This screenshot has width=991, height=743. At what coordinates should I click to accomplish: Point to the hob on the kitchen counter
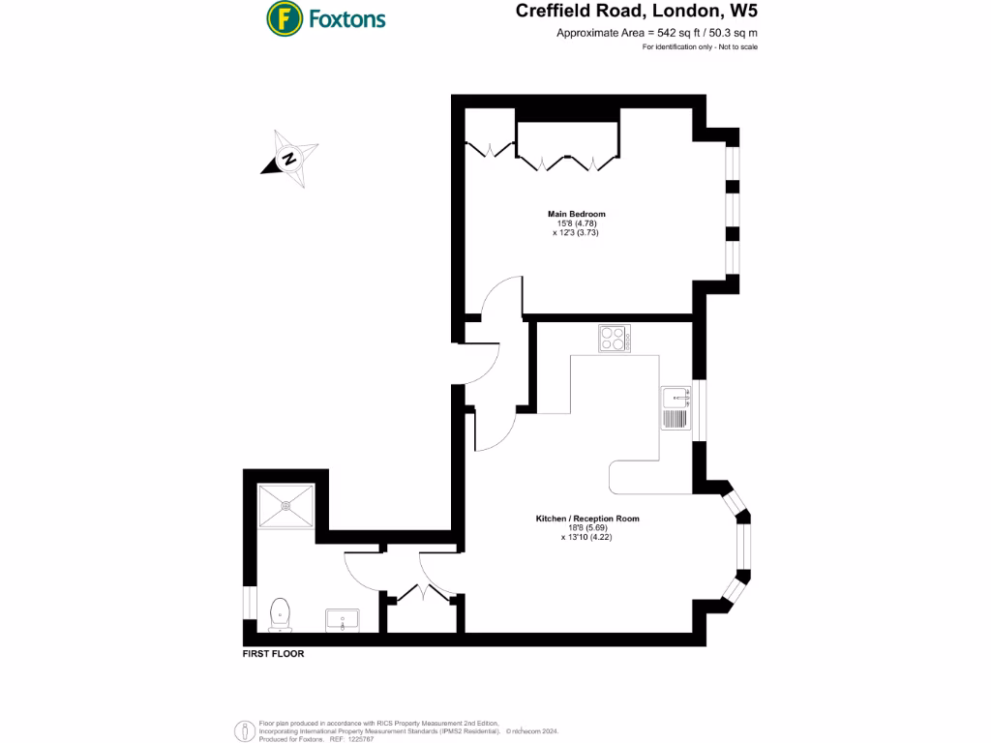tap(614, 339)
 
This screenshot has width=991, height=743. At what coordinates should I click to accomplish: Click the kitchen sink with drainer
tap(675, 407)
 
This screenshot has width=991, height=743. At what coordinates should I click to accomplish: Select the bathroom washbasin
tap(343, 619)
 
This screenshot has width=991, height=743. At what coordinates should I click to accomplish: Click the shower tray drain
tap(286, 504)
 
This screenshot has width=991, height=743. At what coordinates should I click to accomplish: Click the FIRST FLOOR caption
tap(273, 654)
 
